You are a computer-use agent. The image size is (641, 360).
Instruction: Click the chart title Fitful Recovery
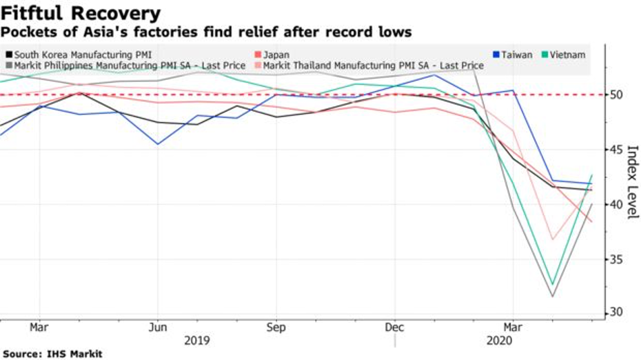[x=81, y=12]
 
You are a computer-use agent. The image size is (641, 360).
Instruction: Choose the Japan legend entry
[x=276, y=54]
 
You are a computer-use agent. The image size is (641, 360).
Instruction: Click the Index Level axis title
[x=633, y=182]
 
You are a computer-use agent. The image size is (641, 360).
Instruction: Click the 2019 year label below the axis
[x=197, y=340]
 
